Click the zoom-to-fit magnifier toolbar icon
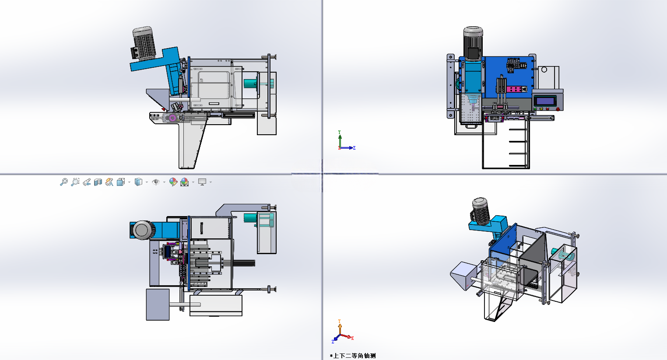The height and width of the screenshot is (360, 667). [x=64, y=182]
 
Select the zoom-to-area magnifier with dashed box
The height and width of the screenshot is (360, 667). [x=75, y=182]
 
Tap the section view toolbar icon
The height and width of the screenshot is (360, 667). [x=98, y=182]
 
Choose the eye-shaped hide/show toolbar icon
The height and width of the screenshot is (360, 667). [x=156, y=182]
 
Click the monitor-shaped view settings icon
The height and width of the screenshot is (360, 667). [x=202, y=182]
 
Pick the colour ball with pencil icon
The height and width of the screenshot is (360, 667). [x=173, y=182]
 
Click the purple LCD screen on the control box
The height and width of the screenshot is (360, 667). [x=545, y=101]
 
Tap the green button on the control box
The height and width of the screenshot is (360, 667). [x=535, y=109]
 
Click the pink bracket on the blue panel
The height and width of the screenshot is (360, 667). [x=516, y=89]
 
